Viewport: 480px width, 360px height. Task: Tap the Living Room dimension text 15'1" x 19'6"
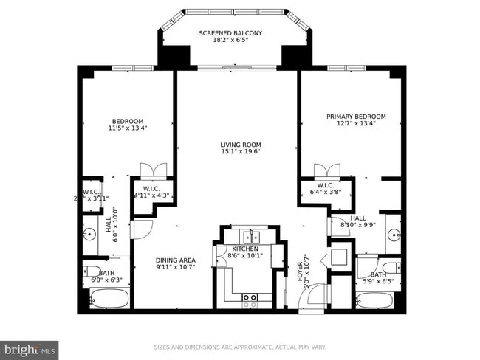[x=240, y=152]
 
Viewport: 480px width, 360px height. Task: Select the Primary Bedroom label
[x=356, y=117]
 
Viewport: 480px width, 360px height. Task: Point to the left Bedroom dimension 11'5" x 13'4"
[x=127, y=128]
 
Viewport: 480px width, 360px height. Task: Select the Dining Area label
[x=175, y=260]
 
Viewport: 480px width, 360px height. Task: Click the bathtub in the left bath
[x=109, y=300]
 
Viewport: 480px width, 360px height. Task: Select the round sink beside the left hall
[x=89, y=235]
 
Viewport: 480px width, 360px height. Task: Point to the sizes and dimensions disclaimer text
[x=239, y=347]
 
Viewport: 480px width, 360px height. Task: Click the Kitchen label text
[x=244, y=249]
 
